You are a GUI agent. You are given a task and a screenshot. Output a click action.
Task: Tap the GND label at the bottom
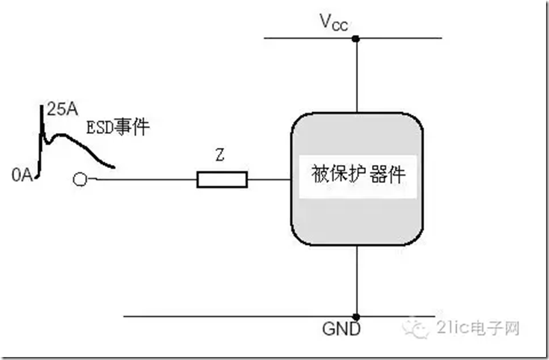tap(341, 329)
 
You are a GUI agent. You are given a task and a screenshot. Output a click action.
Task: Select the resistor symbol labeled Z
tap(222, 179)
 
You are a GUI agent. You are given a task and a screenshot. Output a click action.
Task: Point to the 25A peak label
tap(60, 111)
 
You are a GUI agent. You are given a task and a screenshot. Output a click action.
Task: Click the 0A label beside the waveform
tap(22, 175)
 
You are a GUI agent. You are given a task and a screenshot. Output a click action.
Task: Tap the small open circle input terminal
tap(80, 179)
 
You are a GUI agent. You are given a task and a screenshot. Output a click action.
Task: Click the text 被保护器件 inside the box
tap(357, 176)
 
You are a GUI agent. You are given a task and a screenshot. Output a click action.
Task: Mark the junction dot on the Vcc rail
tap(356, 37)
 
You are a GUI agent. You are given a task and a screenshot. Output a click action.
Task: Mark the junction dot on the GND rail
tap(356, 316)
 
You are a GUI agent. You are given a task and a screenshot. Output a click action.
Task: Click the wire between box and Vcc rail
tap(356, 75)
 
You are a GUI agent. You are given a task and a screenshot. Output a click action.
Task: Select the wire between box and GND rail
tap(356, 280)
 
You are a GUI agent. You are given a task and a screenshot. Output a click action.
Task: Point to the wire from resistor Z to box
tap(268, 179)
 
